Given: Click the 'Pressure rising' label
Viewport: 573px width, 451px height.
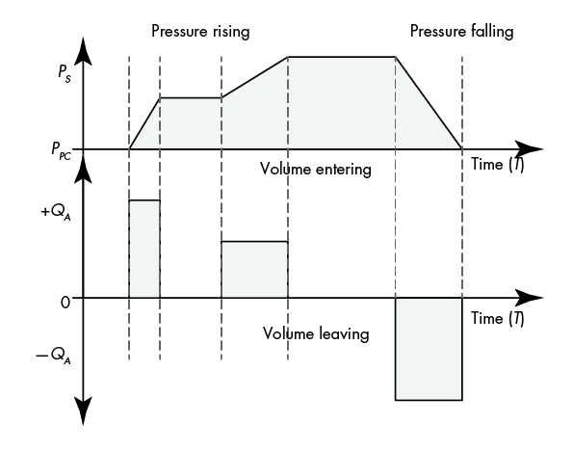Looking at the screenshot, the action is (x=200, y=32).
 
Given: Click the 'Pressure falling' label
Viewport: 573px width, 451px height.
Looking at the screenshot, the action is (x=461, y=32).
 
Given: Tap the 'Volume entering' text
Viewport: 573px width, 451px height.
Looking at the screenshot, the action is (x=316, y=170).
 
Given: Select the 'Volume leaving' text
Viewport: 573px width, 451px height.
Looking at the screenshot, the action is (x=316, y=334).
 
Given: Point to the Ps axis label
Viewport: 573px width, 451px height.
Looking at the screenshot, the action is (x=65, y=74).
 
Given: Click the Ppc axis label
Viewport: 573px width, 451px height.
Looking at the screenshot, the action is (x=61, y=150).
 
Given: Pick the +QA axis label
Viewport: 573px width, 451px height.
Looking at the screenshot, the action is (x=56, y=212).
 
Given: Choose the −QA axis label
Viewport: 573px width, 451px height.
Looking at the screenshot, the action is (x=53, y=356).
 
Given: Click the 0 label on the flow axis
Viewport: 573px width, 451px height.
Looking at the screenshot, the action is (x=65, y=303).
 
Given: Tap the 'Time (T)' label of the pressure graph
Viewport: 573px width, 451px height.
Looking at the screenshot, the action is (x=497, y=164).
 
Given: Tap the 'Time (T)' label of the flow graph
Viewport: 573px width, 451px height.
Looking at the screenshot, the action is (x=497, y=318).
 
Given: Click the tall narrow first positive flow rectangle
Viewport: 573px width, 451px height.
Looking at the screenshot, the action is (x=144, y=249).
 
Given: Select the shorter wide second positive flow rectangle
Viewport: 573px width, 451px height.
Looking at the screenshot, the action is (x=254, y=270).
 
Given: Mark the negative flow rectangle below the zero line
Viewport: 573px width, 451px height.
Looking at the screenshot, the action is (x=429, y=349).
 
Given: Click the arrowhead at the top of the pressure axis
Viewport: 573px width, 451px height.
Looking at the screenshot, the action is (x=84, y=50).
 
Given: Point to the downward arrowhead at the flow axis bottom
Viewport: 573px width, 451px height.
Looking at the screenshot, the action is (x=84, y=411).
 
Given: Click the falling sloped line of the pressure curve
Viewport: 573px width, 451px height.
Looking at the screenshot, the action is (x=429, y=103).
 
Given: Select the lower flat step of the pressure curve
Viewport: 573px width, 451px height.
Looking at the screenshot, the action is (x=191, y=98).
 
